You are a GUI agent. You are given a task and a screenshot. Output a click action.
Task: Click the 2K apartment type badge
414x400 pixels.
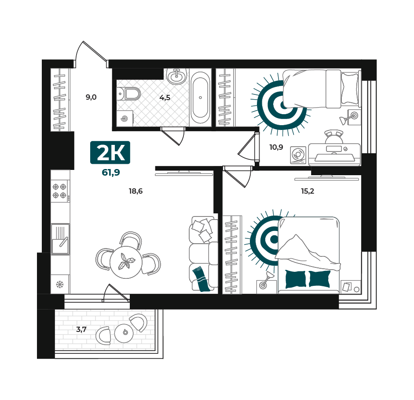110,152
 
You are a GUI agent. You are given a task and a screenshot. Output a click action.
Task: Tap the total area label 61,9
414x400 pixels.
111,173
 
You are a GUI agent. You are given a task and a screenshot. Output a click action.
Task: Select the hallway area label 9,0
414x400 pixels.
91,97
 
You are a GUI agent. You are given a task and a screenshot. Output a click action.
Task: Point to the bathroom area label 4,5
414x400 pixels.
165,98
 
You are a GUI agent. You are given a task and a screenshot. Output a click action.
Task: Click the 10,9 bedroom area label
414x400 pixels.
276,147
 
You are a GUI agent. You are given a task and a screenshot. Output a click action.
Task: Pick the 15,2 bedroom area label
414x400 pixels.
308,191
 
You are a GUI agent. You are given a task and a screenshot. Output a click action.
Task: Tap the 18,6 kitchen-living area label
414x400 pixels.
136,191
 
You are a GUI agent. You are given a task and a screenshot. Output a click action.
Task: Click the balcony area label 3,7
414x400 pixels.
81,329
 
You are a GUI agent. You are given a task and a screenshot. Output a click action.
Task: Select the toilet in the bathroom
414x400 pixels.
128,94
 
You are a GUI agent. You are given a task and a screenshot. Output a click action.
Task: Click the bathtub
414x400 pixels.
200,97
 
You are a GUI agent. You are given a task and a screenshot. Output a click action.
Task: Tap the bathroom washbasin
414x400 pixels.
177,76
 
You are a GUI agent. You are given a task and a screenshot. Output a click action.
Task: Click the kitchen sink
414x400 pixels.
60,239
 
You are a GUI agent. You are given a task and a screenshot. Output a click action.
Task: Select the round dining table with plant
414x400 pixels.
126,262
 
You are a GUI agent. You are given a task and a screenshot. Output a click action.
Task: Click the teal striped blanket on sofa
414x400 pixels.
202,279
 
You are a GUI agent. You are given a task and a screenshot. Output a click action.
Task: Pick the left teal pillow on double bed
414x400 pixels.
296,279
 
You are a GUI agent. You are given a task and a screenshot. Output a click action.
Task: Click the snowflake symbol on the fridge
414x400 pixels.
60,285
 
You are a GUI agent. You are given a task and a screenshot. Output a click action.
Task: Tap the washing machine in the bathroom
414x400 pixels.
125,119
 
